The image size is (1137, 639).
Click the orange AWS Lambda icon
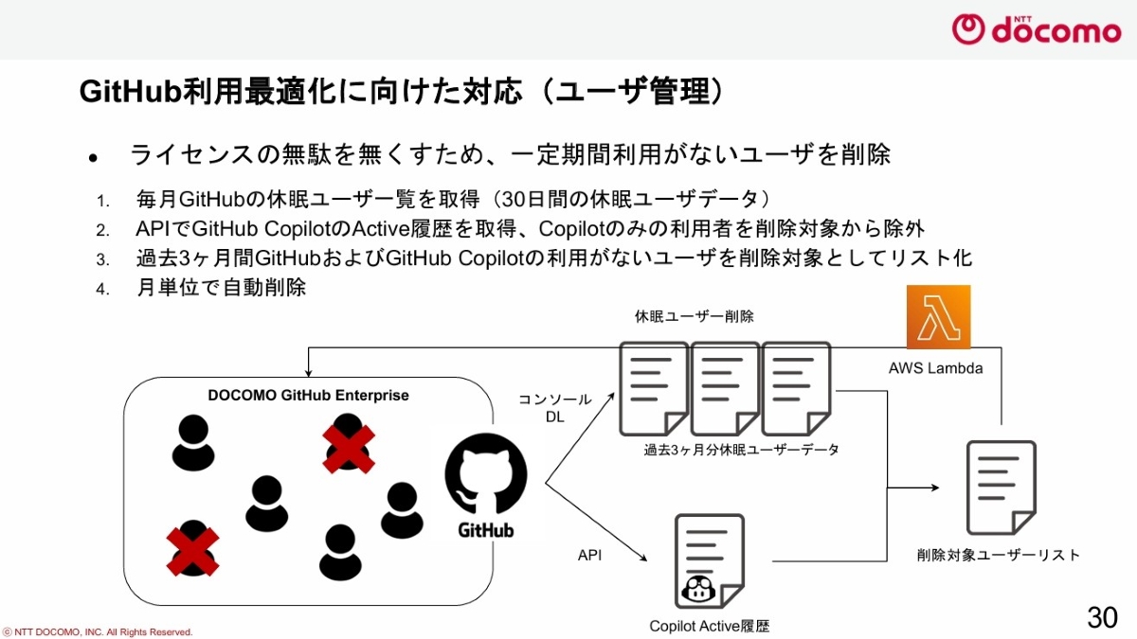(x=938, y=317)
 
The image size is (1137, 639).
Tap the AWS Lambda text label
(x=935, y=368)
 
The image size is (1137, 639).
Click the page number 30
(x=1102, y=617)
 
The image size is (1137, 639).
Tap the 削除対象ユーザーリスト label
(x=999, y=555)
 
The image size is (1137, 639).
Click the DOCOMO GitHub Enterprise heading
(x=309, y=395)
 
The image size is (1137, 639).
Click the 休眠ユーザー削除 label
(x=695, y=316)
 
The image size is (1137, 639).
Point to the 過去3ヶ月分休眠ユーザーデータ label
(x=742, y=450)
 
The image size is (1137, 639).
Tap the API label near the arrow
(x=589, y=555)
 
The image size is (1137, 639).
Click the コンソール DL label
(x=555, y=408)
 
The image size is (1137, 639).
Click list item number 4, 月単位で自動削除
(x=222, y=288)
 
